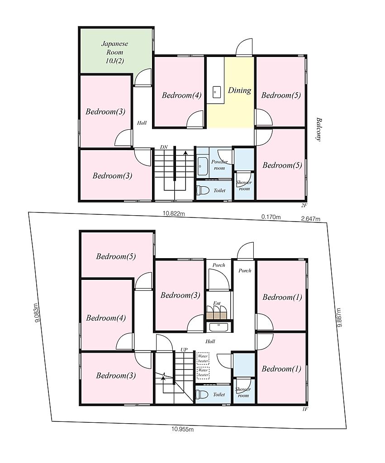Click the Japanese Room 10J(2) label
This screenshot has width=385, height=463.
pyautogui.click(x=114, y=52)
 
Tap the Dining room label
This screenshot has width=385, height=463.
pyautogui.click(x=240, y=90)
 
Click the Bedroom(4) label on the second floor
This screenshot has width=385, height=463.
pyautogui.click(x=182, y=95)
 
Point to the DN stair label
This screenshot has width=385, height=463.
pyautogui.click(x=164, y=147)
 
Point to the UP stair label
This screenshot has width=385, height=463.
pyautogui.click(x=184, y=350)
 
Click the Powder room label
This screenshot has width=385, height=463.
pyautogui.click(x=219, y=165)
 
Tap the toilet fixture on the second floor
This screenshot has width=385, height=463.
pyautogui.click(x=202, y=190)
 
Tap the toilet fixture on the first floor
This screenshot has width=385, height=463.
pyautogui.click(x=202, y=394)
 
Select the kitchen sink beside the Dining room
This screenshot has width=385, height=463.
pyautogui.click(x=217, y=92)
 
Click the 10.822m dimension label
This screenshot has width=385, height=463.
pyautogui.click(x=174, y=213)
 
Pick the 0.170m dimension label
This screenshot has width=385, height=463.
pyautogui.click(x=271, y=217)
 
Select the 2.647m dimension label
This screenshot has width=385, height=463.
pyautogui.click(x=310, y=219)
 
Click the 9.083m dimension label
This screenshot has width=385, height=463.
pyautogui.click(x=37, y=313)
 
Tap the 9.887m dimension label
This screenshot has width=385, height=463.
pyautogui.click(x=339, y=317)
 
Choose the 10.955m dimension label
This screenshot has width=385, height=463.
pyautogui.click(x=183, y=430)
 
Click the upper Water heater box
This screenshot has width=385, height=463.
pyautogui.click(x=203, y=359)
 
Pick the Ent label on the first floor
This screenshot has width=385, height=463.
pyautogui.click(x=217, y=303)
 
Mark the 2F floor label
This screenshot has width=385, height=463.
pyautogui.click(x=304, y=206)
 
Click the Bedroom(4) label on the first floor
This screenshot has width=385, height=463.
pyautogui.click(x=106, y=318)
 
